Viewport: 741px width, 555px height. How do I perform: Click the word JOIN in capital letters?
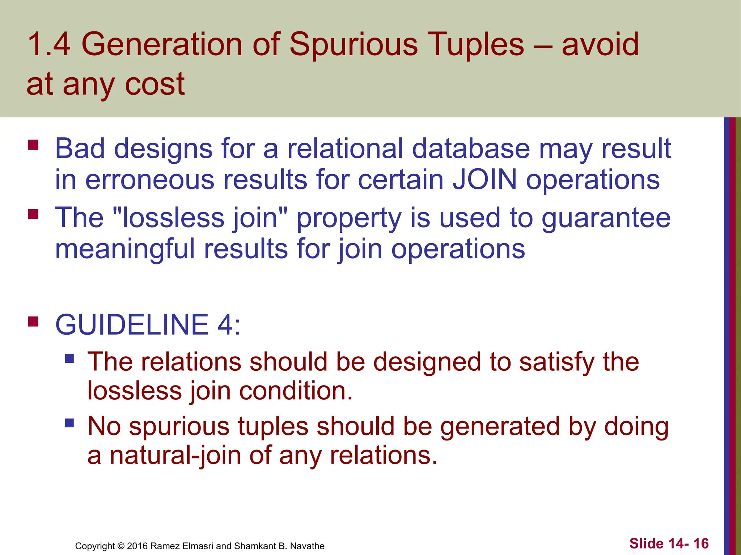(x=485, y=180)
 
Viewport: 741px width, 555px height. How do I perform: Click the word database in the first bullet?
(x=471, y=149)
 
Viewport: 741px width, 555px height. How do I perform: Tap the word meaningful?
(x=125, y=249)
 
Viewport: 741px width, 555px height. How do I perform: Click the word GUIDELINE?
(x=132, y=324)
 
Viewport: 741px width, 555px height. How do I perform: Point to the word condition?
(x=296, y=391)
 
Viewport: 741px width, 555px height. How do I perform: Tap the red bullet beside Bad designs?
(x=33, y=145)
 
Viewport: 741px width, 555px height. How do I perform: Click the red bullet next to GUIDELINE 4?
(x=33, y=321)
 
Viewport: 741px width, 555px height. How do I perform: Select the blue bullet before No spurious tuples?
(x=69, y=423)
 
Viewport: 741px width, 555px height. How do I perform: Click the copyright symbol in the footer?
(x=121, y=546)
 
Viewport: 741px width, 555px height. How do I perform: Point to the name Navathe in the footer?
(x=307, y=546)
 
